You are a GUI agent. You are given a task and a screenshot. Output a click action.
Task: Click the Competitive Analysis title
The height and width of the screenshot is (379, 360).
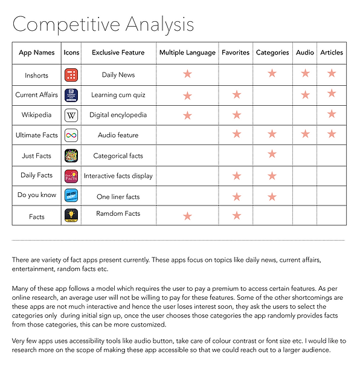pyautogui.click(x=103, y=24)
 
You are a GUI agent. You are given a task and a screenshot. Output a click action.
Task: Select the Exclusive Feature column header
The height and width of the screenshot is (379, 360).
pyautogui.click(x=118, y=53)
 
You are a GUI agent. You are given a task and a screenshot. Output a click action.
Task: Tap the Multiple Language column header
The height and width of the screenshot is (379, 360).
pyautogui.click(x=187, y=53)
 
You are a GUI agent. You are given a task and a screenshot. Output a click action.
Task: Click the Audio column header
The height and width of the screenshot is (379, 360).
pyautogui.click(x=305, y=53)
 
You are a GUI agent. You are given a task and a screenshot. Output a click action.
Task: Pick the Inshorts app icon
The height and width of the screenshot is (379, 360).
pyautogui.click(x=71, y=75)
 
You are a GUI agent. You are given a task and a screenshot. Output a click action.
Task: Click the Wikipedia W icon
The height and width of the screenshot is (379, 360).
pyautogui.click(x=71, y=115)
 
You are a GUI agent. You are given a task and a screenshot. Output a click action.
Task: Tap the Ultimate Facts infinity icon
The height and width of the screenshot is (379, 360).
pyautogui.click(x=71, y=135)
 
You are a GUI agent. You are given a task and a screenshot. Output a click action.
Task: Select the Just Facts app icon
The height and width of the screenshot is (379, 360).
pyautogui.click(x=71, y=156)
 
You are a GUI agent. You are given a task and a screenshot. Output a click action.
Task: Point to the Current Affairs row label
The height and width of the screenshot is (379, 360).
pyautogui.click(x=36, y=95)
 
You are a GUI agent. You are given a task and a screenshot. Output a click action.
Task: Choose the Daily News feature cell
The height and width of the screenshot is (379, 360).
pyautogui.click(x=118, y=75)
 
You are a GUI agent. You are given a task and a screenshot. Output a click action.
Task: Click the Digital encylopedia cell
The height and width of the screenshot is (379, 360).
pyautogui.click(x=118, y=115)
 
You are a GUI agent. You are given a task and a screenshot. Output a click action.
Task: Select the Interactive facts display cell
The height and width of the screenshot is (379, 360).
pyautogui.click(x=118, y=176)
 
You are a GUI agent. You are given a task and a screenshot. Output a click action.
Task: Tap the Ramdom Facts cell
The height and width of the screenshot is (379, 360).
pyautogui.click(x=118, y=214)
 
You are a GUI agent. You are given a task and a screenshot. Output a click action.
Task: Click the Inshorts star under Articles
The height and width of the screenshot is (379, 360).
pyautogui.click(x=332, y=73)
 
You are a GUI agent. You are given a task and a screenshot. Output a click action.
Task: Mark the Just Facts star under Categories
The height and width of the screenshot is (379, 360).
pyautogui.click(x=272, y=154)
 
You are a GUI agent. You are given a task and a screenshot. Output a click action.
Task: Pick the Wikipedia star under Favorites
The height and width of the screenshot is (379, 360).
pyautogui.click(x=236, y=114)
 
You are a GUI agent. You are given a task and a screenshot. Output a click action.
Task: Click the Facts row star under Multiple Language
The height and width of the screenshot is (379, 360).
pyautogui.click(x=187, y=216)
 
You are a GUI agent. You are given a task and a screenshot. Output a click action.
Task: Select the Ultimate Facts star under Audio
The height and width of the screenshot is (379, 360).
pyautogui.click(x=305, y=134)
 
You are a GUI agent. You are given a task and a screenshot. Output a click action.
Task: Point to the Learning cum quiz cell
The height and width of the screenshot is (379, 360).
pyautogui.click(x=118, y=95)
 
